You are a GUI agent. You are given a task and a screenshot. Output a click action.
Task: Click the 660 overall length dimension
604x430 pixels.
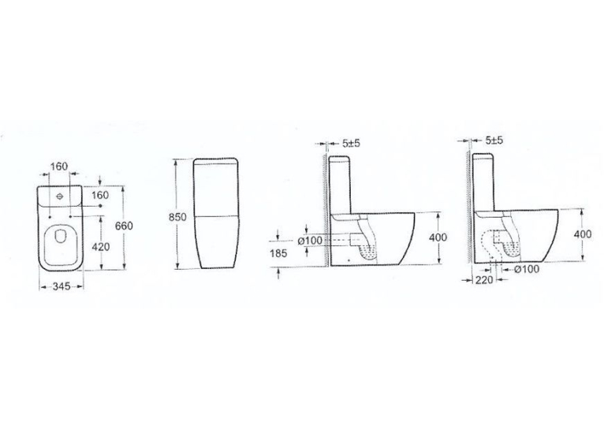coord(124,226)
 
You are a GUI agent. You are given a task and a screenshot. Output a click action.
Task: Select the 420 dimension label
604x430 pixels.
coord(101,247)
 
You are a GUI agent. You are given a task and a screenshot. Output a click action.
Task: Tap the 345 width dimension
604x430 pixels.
coord(62,286)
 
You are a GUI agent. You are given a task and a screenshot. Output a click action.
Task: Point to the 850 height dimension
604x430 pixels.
coord(177,217)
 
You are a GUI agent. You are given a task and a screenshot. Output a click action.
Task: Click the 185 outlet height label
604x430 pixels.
coord(278,253)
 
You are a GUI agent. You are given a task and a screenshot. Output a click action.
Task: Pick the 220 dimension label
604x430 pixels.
coord(484,280)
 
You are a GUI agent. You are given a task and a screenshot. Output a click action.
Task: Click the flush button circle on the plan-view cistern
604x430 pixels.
coord(60,196)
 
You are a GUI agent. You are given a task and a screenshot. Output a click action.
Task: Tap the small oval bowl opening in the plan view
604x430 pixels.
coord(61,235)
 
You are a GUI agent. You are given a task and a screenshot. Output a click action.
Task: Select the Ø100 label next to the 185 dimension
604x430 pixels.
coord(310,241)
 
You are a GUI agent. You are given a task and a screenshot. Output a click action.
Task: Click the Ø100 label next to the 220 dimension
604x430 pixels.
coord(527,269)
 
